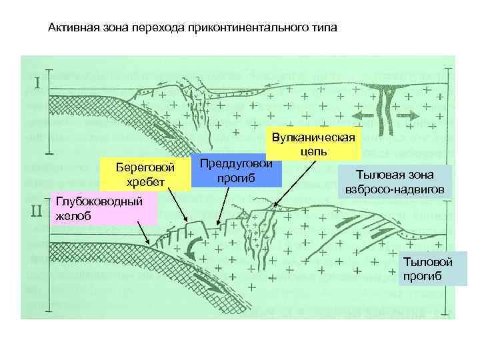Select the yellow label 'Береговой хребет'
[145, 175]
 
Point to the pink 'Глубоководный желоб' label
[103, 208]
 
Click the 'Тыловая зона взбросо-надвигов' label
[395, 182]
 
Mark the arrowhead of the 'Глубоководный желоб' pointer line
[148, 243]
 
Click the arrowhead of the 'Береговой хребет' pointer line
[187, 221]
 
